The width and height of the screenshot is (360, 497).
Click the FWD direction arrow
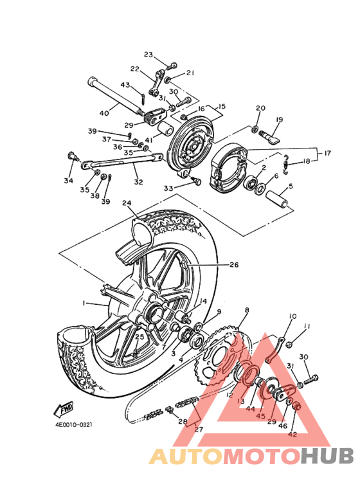[64, 410]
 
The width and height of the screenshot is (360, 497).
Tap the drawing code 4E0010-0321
[74, 424]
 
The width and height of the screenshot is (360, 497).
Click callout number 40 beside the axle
[104, 113]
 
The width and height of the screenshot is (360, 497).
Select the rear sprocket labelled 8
[219, 355]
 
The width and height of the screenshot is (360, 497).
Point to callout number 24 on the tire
[127, 203]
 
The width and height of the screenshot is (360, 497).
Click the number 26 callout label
[234, 264]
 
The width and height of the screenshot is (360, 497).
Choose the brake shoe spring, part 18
[286, 164]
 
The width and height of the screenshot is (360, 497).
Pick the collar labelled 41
[165, 129]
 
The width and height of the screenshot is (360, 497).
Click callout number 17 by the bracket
[328, 153]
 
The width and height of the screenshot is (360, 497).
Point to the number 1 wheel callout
[84, 303]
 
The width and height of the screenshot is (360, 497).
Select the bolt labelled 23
[172, 66]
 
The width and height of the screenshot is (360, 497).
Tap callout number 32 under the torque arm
[138, 182]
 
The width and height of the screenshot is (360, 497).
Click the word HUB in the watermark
[327, 455]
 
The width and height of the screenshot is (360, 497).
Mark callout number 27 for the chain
[199, 429]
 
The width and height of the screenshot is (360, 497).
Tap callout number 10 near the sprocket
[292, 316]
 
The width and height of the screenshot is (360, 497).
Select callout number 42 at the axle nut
[292, 434]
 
